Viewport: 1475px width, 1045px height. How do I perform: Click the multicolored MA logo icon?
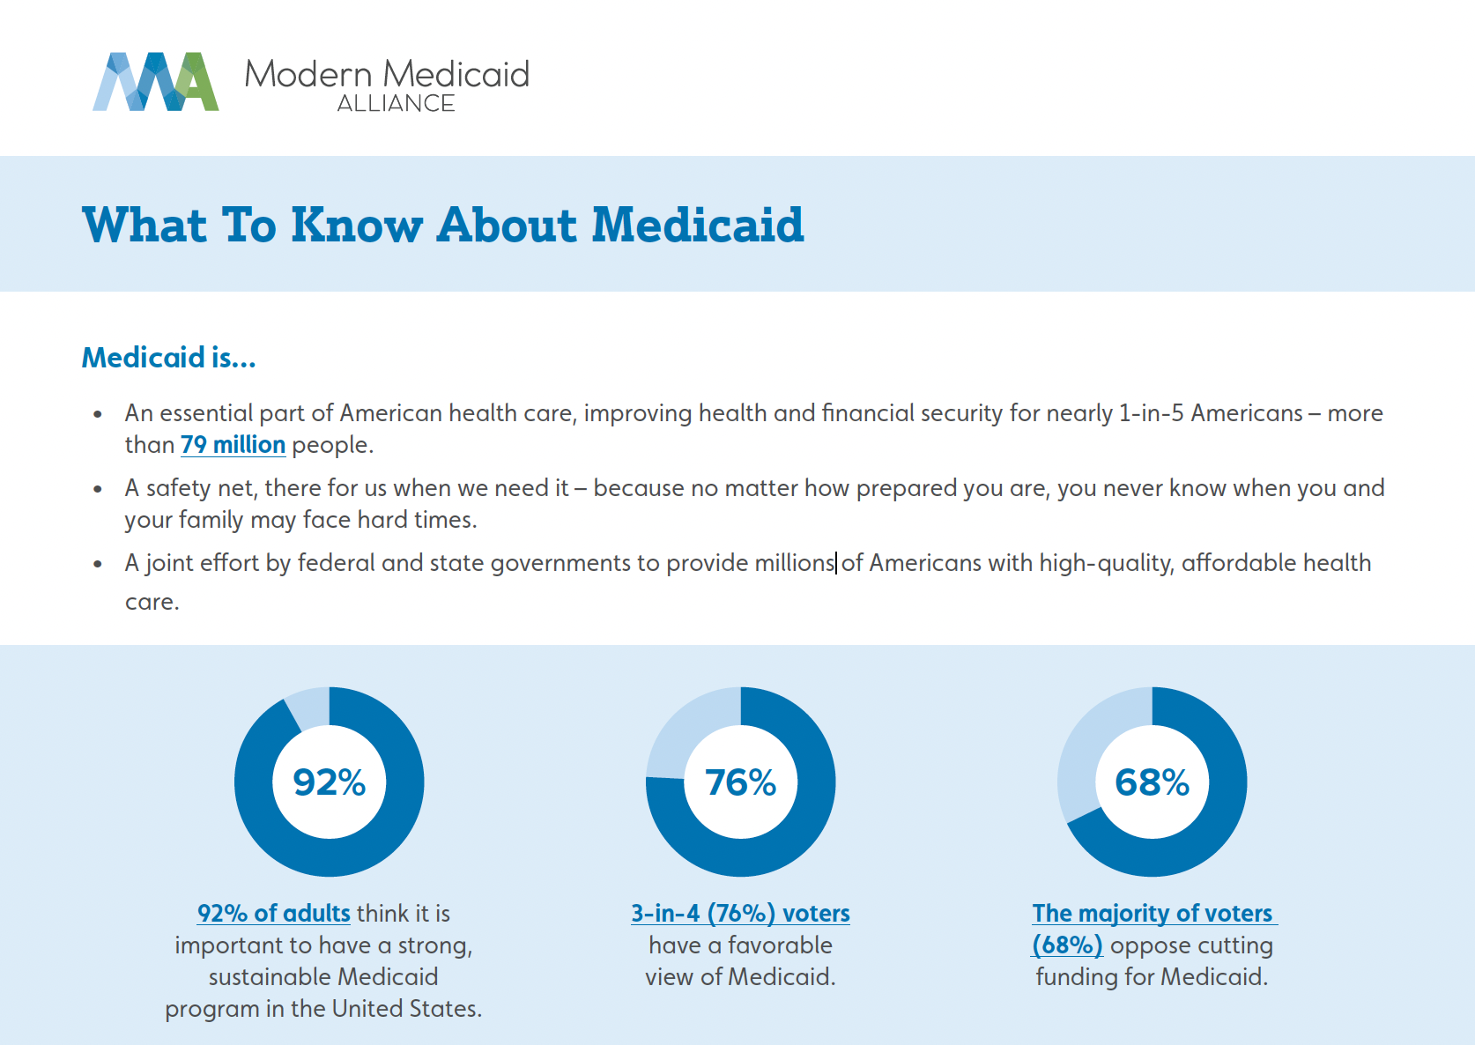[x=155, y=82]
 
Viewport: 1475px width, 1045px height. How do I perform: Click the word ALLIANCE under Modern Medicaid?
[x=396, y=104]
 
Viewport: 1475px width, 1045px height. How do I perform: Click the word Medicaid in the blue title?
[x=697, y=226]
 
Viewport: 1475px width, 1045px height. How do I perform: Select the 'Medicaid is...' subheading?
[x=168, y=358]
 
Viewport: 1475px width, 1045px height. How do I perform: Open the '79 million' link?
[x=233, y=445]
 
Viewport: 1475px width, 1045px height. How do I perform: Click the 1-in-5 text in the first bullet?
[x=1151, y=413]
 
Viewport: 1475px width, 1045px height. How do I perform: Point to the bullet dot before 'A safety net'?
[x=98, y=489]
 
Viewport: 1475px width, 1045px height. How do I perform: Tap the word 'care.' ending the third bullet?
[x=152, y=602]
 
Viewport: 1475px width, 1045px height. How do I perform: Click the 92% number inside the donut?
[x=329, y=782]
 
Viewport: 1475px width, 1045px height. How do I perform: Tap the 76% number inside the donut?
[x=740, y=782]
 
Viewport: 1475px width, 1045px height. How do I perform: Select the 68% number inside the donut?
[x=1152, y=782]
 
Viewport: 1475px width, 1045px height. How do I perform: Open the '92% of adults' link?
[x=274, y=914]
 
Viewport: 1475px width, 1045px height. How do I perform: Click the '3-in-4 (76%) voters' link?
[x=740, y=914]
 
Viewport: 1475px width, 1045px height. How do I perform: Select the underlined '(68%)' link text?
[x=1067, y=945]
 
